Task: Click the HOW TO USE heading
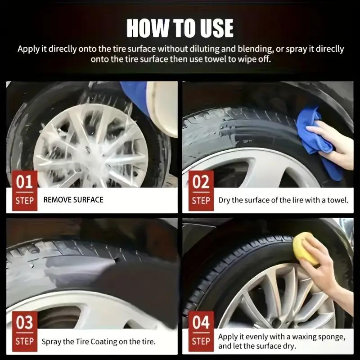click(x=180, y=28)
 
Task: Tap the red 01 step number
click(x=24, y=182)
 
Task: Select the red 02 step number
click(x=201, y=182)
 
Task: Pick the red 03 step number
click(x=24, y=323)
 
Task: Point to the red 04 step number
click(x=201, y=323)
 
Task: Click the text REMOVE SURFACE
click(x=73, y=199)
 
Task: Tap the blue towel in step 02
click(x=315, y=135)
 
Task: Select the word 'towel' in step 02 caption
click(x=338, y=200)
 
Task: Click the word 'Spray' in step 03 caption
click(x=51, y=342)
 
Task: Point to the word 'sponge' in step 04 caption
click(x=331, y=337)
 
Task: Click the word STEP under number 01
click(x=24, y=201)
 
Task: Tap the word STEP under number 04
click(x=201, y=342)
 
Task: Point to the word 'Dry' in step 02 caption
click(x=225, y=200)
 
